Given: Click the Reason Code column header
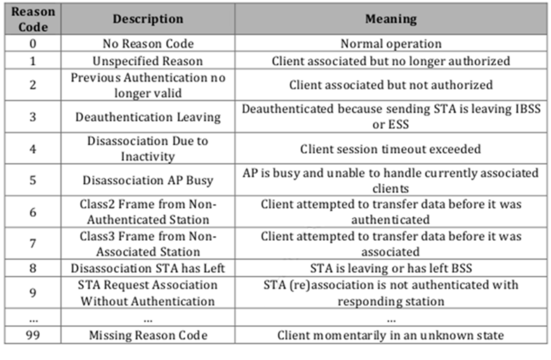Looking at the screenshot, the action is pyautogui.click(x=33, y=19).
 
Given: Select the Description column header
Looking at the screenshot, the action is pyautogui.click(x=148, y=19).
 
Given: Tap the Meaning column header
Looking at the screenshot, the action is pyautogui.click(x=391, y=19).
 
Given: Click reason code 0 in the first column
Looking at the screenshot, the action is pyautogui.click(x=33, y=44).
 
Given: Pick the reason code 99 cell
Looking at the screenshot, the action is pyautogui.click(x=33, y=335).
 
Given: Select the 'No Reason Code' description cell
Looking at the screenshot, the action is pyautogui.click(x=148, y=44).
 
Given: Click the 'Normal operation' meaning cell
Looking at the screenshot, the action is pyautogui.click(x=391, y=44).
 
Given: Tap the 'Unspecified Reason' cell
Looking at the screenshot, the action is pyautogui.click(x=148, y=61).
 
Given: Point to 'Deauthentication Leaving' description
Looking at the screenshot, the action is pyautogui.click(x=148, y=117).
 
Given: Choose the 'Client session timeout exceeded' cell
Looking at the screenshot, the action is pyautogui.click(x=391, y=149).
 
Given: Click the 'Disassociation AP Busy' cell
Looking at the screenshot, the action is pyautogui.click(x=148, y=180).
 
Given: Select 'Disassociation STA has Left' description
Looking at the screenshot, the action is pyautogui.click(x=148, y=268).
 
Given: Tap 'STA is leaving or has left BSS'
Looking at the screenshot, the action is pyautogui.click(x=391, y=268).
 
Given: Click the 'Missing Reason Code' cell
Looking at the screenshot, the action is pyautogui.click(x=148, y=335).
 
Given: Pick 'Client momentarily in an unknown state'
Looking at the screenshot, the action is pyautogui.click(x=391, y=335).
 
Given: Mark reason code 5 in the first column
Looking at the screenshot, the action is pyautogui.click(x=33, y=180).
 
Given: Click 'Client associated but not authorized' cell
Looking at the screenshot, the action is pyautogui.click(x=391, y=85).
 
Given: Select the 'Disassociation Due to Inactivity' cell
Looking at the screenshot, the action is pyautogui.click(x=148, y=149).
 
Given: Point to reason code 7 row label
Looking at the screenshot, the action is pyautogui.click(x=33, y=244).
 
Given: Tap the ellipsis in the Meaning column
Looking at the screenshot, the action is pyautogui.click(x=391, y=319).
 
